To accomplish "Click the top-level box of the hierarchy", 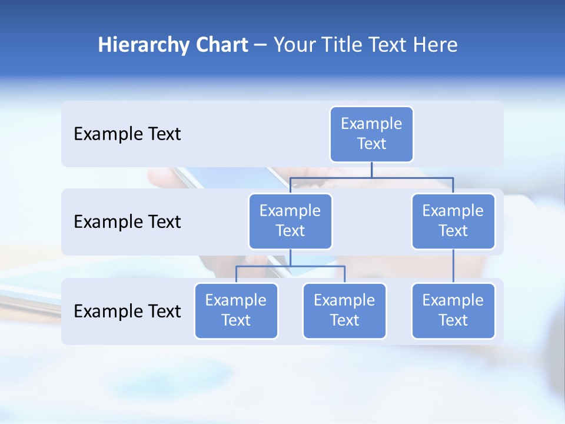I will [x=371, y=134].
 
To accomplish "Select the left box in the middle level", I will [x=290, y=221].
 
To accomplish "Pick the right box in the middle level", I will [x=453, y=221].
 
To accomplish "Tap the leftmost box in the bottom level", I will [x=236, y=310].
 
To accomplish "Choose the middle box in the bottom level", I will [x=344, y=310].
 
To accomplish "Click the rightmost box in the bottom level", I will [x=453, y=310].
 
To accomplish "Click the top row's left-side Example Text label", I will [x=127, y=134].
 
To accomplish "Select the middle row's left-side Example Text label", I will [x=127, y=222].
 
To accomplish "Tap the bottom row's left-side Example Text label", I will [x=127, y=311].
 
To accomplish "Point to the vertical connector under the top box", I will [x=371, y=170].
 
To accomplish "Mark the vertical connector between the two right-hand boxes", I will [x=453, y=266].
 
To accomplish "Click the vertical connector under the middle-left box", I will [x=290, y=257].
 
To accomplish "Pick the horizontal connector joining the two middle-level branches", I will [x=412, y=177].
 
